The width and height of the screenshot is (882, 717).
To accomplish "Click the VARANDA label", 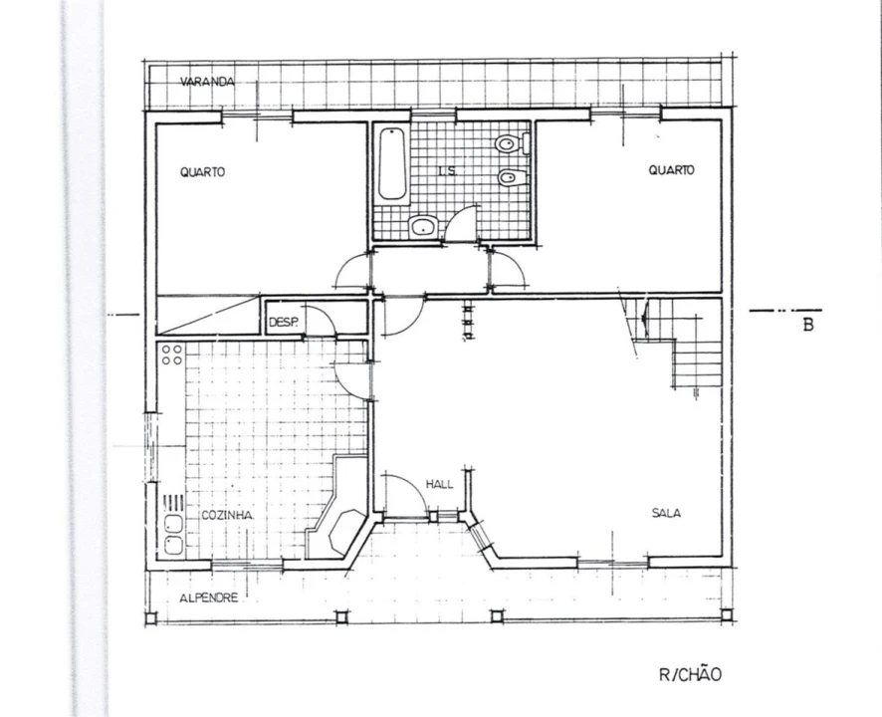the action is pyautogui.click(x=207, y=83).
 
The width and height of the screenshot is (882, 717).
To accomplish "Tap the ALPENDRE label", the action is pyautogui.click(x=209, y=597).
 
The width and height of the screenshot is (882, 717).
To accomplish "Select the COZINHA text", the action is pyautogui.click(x=227, y=516).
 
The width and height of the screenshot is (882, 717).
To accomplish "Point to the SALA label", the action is pyautogui.click(x=666, y=513).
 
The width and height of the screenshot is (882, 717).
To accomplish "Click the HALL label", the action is pyautogui.click(x=439, y=485).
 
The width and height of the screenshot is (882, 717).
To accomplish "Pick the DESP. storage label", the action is pyautogui.click(x=284, y=323).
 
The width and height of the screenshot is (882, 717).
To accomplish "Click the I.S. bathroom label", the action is pyautogui.click(x=447, y=171).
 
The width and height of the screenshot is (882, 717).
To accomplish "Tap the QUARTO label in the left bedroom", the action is pyautogui.click(x=202, y=172).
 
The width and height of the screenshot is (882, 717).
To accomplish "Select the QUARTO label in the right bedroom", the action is pyautogui.click(x=672, y=170).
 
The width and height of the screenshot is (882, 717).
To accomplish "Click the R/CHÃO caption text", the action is pyautogui.click(x=690, y=675).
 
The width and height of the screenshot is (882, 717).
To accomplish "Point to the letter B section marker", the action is pyautogui.click(x=808, y=325).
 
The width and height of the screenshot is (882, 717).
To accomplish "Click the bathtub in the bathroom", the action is pyautogui.click(x=392, y=163).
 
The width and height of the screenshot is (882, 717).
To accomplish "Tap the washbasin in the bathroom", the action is pyautogui.click(x=423, y=227).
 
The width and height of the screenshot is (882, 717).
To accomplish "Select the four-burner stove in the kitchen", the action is pyautogui.click(x=172, y=355).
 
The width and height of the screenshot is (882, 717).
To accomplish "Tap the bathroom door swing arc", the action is pyautogui.click(x=461, y=223).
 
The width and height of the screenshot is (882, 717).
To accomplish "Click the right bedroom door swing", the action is pyautogui.click(x=508, y=271).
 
